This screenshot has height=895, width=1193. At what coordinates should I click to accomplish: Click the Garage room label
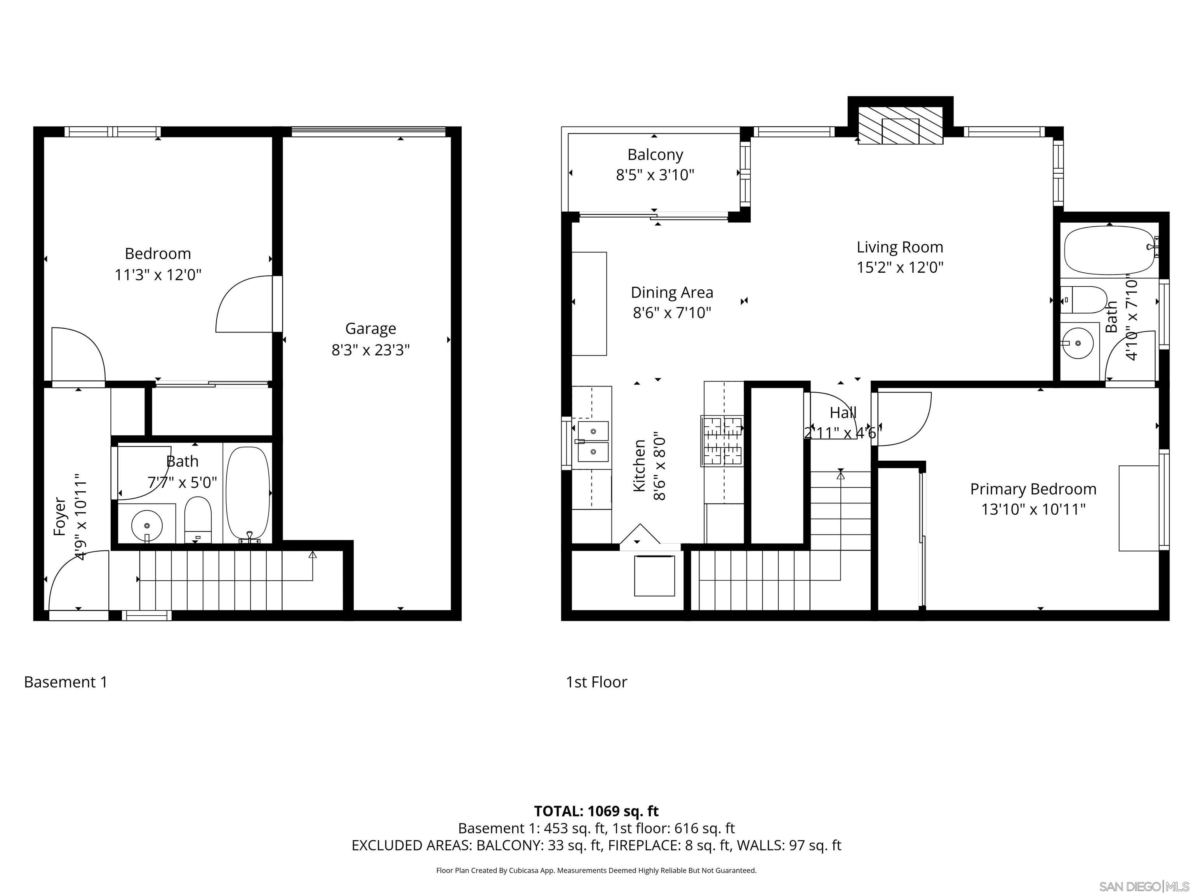tap(370, 329)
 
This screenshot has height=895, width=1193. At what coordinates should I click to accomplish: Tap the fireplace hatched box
tap(900, 125)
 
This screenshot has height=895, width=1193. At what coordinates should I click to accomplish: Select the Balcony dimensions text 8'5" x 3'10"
tap(655, 175)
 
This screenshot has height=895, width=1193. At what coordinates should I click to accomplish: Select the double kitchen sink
tap(593, 442)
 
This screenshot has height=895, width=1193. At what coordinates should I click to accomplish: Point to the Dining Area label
tap(671, 293)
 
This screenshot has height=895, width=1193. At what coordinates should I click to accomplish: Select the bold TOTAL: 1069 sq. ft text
tap(596, 811)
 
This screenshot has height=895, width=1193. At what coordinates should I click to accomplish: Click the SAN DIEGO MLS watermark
tap(1143, 886)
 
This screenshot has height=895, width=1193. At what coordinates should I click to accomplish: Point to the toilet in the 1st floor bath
tap(1087, 300)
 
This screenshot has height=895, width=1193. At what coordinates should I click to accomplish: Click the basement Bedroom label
tap(158, 254)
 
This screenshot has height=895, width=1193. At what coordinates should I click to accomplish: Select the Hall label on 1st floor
tap(842, 413)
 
